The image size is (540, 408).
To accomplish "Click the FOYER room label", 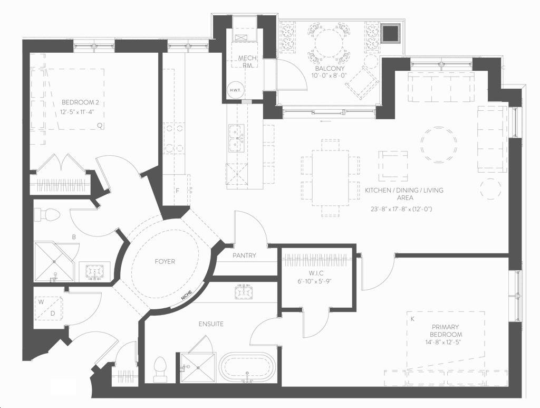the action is tap(165, 262).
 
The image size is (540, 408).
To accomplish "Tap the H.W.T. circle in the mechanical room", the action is tap(236, 90).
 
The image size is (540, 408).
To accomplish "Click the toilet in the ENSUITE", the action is tap(159, 369).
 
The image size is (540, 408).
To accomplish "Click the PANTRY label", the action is tap(244, 255).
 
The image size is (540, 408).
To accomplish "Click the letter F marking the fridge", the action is tap(178, 191).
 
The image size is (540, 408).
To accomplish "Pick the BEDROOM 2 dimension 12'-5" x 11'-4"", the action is tap(78, 112).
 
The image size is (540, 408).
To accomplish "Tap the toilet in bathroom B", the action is tap(47, 215).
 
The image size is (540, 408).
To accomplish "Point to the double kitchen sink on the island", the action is tap(235, 138).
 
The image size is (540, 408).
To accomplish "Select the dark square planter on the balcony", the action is tap(391, 33).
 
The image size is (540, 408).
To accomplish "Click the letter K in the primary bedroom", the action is tap(412, 319).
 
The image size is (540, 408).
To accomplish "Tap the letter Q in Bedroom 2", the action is tap(100, 126).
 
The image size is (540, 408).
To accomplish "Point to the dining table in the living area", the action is tap(331, 178).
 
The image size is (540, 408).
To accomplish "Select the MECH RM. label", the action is tap(247, 61).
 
